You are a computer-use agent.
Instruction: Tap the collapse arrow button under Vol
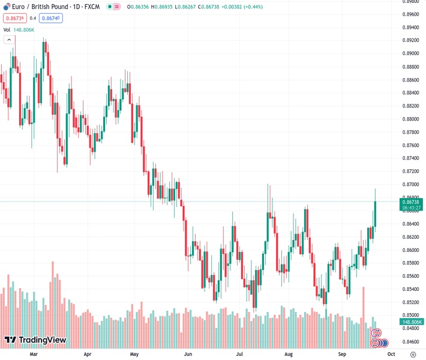(9, 40)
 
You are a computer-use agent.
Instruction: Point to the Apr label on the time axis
(88, 355)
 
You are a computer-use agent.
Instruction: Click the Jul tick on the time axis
(239, 355)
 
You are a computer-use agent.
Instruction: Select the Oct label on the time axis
(392, 355)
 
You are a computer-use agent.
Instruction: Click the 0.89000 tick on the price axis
(410, 53)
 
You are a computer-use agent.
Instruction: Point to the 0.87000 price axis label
(410, 185)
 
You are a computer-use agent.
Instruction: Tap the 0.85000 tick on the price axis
(410, 316)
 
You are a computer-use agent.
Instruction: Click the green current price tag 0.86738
(411, 203)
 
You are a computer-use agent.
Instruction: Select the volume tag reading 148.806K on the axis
(411, 322)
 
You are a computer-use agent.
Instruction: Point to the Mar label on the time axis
(34, 355)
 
